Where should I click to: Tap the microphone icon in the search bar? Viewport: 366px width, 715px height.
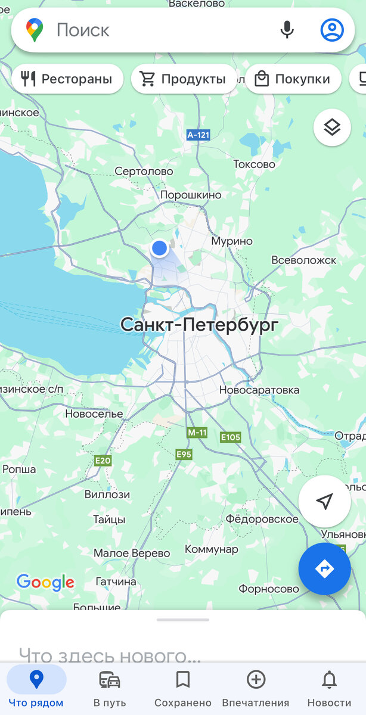[x=287, y=29]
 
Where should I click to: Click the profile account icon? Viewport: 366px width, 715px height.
[x=332, y=29]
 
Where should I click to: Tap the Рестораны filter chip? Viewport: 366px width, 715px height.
[x=67, y=79]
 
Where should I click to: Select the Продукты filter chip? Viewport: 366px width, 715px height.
[x=184, y=79]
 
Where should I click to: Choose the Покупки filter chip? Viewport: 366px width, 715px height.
[x=293, y=79]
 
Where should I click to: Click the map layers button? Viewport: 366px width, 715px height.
[x=332, y=127]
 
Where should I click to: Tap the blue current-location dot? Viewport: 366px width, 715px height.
[x=159, y=248]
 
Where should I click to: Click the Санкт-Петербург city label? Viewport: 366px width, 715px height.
[x=199, y=325]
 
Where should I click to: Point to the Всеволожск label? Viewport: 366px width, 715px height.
[x=303, y=260]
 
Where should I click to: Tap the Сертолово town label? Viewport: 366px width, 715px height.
[x=144, y=172]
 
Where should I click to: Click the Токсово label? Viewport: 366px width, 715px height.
[x=254, y=164]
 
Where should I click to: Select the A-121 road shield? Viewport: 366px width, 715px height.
[x=198, y=135]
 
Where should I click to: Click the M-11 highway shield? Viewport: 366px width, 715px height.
[x=197, y=432]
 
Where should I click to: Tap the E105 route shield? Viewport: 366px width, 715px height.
[x=230, y=437]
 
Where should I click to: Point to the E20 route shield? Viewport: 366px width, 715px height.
[x=103, y=461]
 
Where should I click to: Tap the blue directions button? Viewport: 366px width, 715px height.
[x=324, y=569]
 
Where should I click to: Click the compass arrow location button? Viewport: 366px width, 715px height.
[x=324, y=502]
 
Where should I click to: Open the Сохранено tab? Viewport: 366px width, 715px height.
[x=182, y=688]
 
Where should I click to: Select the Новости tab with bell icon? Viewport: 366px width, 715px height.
[x=329, y=688]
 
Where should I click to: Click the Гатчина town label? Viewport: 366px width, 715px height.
[x=116, y=582]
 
